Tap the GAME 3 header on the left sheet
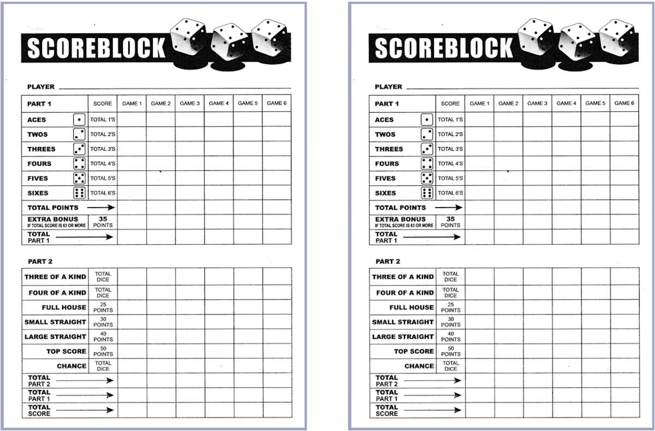(189, 103)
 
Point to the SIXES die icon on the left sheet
(79, 193)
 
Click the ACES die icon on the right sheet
(427, 120)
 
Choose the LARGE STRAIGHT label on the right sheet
(403, 337)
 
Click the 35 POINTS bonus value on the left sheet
(103, 222)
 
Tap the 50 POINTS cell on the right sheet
(450, 351)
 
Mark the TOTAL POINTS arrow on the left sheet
(101, 208)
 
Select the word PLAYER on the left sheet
(41, 87)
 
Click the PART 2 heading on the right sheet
(388, 262)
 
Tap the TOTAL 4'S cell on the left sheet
(103, 164)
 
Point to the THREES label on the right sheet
(389, 149)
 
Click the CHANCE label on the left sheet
(72, 366)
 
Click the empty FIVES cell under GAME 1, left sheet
(132, 179)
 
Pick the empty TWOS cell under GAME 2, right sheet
(508, 134)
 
